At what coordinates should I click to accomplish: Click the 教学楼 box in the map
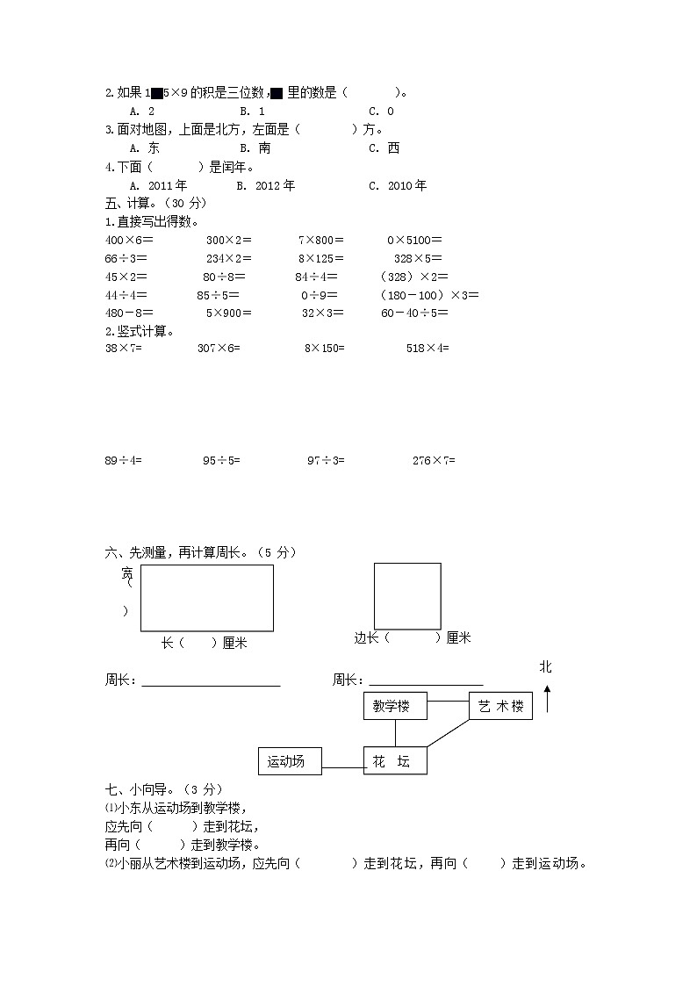(x=395, y=706)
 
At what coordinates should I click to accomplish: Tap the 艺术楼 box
(x=500, y=706)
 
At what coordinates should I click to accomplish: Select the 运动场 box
(x=290, y=761)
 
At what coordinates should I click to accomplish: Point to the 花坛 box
(x=395, y=761)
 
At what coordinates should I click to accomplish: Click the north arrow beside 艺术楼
(x=547, y=699)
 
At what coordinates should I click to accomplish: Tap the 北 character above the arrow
(x=546, y=668)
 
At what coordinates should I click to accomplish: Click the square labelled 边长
(x=407, y=596)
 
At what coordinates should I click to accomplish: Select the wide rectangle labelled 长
(x=206, y=598)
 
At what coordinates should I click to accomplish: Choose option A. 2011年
(x=158, y=185)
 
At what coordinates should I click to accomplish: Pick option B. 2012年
(x=266, y=185)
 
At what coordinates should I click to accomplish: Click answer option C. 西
(x=384, y=148)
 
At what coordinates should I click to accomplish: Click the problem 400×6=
(x=129, y=240)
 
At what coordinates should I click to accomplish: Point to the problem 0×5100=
(x=414, y=240)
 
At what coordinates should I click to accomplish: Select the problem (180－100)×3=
(x=429, y=294)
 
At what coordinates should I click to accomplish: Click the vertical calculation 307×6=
(x=219, y=349)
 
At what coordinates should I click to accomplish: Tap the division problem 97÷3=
(x=326, y=459)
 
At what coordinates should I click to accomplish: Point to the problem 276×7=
(x=434, y=459)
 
